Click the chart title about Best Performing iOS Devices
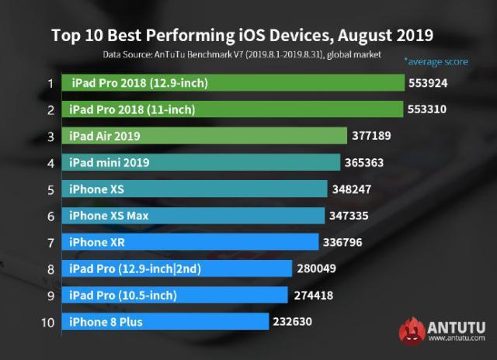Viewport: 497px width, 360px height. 242,35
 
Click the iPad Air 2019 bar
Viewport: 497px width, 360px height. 206,136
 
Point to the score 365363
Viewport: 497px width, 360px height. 366,162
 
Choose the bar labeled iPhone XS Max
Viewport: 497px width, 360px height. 195,216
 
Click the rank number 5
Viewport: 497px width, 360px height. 50,189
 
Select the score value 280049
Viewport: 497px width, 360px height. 317,268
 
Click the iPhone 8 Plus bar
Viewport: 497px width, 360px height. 167,321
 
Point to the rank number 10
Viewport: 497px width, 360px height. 48,321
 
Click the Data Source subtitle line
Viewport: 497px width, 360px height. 242,55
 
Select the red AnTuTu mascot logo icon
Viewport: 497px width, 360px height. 414,330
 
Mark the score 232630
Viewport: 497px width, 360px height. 291,321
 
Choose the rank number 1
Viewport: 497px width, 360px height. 50,83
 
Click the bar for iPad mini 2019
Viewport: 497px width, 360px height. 203,162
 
